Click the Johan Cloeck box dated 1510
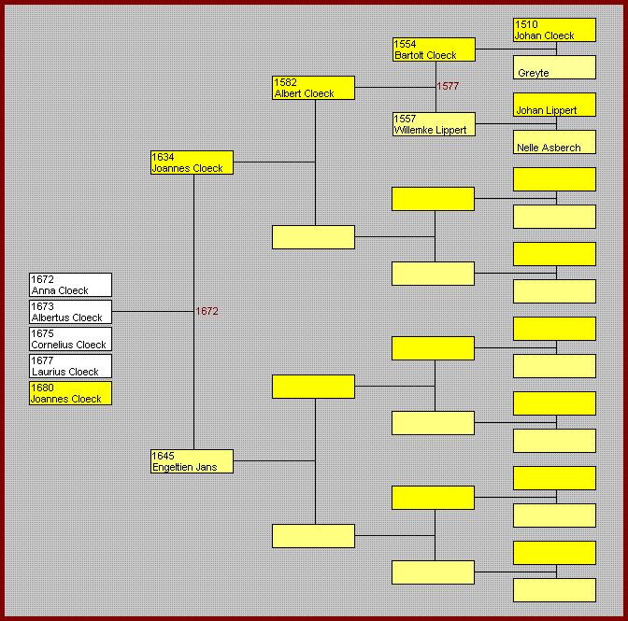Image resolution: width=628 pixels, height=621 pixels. pos(554,30)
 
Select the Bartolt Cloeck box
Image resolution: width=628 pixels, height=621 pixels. pos(434,49)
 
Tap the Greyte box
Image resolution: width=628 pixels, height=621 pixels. pos(554,67)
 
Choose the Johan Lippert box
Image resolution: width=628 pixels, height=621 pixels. pos(554,105)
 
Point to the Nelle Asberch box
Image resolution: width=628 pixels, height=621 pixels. pos(554,142)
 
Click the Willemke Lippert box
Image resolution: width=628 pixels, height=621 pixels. pos(434,124)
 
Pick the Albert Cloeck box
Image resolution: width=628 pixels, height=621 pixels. pos(313,88)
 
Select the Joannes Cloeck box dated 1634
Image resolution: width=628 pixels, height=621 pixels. pos(192,162)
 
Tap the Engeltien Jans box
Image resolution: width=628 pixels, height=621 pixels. pos(192,461)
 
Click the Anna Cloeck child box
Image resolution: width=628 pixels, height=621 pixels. pos(70,285)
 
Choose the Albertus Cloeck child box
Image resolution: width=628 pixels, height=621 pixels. pos(70,312)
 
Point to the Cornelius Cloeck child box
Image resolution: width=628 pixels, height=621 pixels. pos(70,339)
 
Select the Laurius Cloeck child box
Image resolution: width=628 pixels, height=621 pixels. pos(70,366)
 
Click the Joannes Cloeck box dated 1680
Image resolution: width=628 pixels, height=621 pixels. pos(70,393)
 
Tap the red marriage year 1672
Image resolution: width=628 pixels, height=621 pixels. pos(207,311)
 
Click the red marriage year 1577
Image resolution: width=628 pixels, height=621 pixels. pos(448,87)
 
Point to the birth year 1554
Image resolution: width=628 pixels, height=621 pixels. pos(406,44)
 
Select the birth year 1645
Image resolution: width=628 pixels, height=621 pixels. pos(163,456)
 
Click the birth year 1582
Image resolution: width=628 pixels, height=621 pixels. pos(285,82)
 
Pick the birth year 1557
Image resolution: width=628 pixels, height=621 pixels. pos(406,119)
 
